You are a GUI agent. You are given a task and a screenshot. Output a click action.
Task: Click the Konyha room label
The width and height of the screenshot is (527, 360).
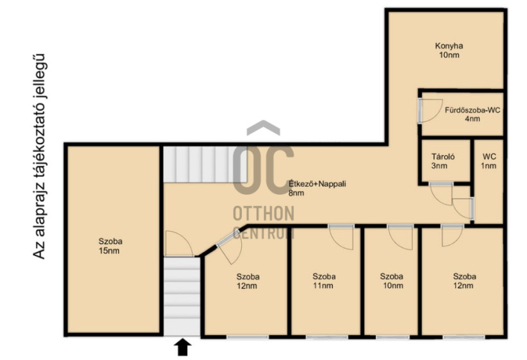[x=449, y=51]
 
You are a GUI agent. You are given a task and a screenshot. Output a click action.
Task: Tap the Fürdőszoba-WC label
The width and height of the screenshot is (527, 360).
[x=472, y=114]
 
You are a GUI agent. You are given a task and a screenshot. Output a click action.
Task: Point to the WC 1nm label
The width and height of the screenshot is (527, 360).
[x=489, y=161]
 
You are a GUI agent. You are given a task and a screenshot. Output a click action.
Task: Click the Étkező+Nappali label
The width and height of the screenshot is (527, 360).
[x=318, y=188]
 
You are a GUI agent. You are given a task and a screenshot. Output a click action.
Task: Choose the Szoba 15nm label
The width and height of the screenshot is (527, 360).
[x=110, y=246]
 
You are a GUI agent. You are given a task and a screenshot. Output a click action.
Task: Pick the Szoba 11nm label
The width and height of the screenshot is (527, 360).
[x=323, y=281]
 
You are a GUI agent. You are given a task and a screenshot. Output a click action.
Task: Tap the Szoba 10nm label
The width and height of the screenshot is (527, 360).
[x=391, y=281]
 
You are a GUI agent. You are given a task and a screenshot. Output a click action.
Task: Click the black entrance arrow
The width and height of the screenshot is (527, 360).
[x=182, y=347]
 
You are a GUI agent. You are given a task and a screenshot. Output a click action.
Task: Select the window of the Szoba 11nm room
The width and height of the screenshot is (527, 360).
[x=326, y=337]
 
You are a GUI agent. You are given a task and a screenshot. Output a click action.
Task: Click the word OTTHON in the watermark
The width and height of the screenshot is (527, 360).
[x=264, y=214]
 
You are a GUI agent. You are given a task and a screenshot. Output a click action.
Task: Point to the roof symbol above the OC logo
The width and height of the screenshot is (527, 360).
[x=263, y=128]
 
